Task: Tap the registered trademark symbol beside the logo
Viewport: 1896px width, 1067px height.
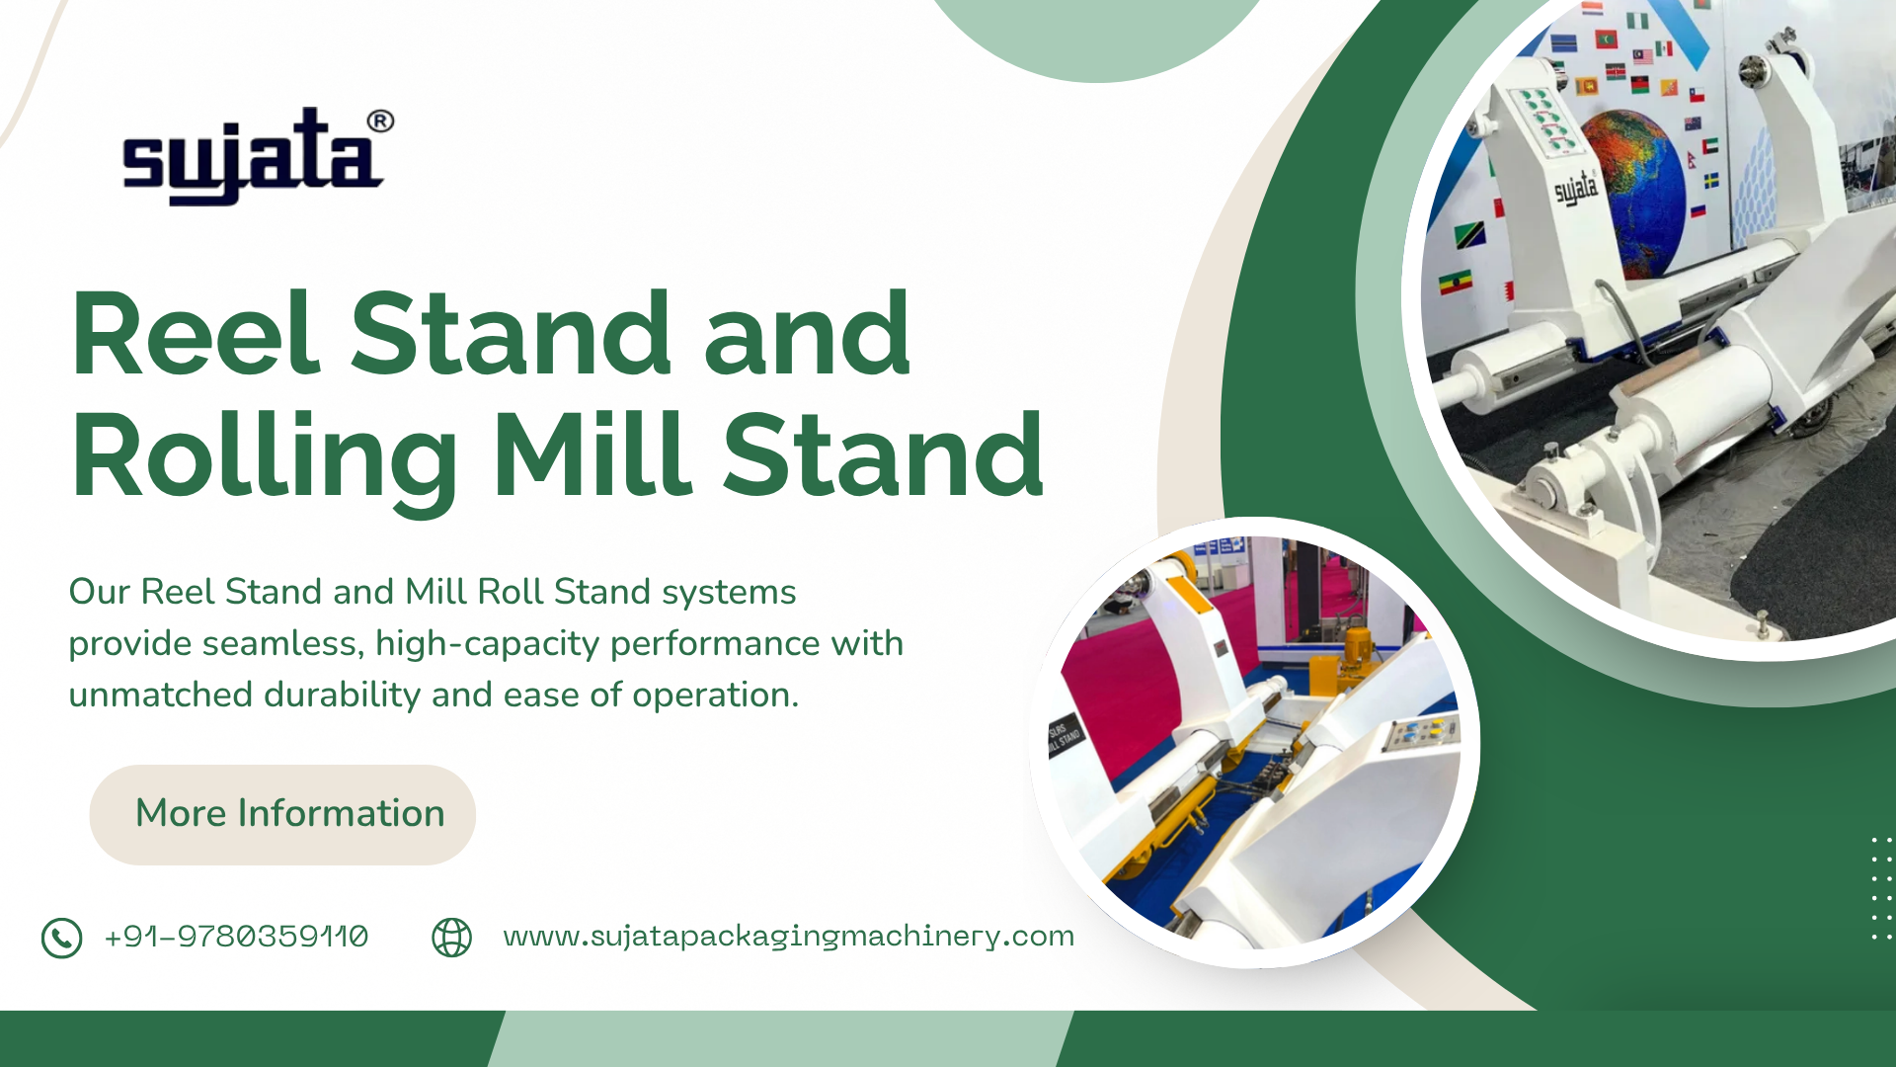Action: coord(380,122)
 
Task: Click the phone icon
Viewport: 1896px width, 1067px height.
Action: coord(61,938)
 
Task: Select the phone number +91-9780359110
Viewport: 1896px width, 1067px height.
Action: coord(236,937)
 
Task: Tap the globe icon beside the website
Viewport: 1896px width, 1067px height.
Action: coord(451,938)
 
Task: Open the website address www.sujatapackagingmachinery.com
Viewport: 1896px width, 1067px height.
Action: coord(788,937)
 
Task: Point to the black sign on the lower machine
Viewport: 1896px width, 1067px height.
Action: coord(1066,736)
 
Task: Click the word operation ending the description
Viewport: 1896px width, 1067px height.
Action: coord(714,695)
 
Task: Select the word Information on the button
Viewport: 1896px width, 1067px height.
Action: coord(341,813)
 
